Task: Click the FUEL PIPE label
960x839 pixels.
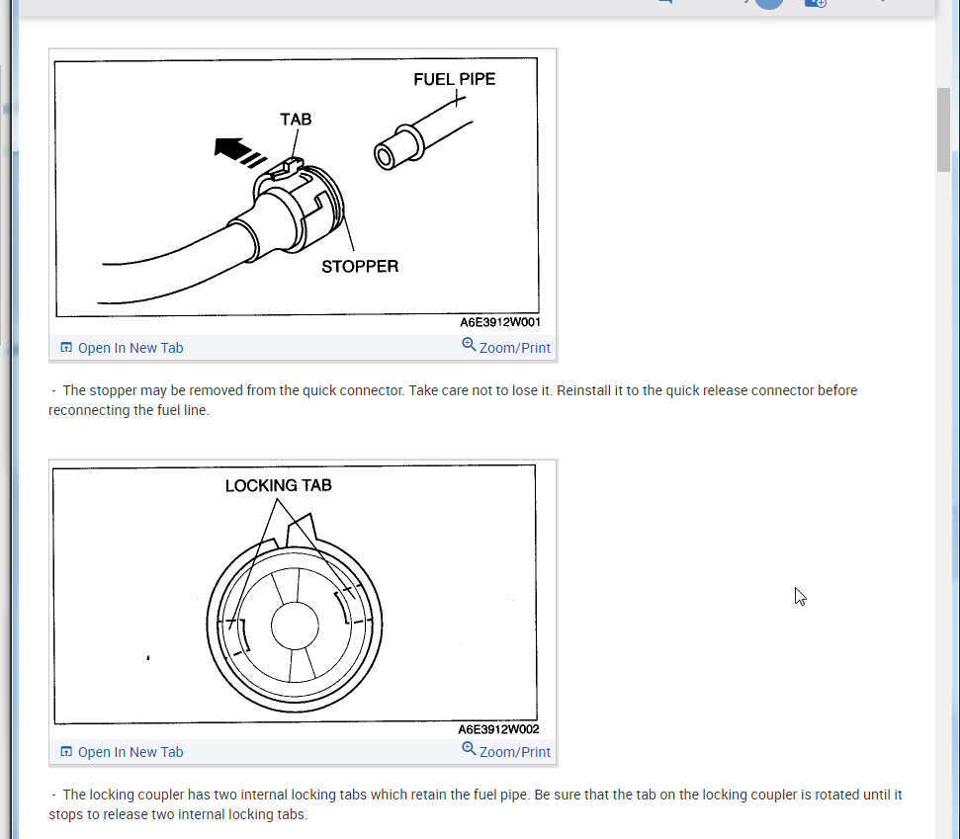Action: [454, 79]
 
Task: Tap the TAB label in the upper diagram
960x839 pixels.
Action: [296, 119]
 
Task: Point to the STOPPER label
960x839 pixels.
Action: [360, 266]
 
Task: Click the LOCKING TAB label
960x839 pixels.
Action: [278, 485]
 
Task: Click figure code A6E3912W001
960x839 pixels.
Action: [499, 322]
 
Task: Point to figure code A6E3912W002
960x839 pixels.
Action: [499, 729]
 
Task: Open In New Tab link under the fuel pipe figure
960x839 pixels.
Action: [130, 348]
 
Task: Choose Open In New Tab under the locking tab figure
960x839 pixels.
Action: [130, 752]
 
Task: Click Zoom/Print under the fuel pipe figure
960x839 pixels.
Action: [514, 348]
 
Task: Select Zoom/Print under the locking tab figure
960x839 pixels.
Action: [514, 752]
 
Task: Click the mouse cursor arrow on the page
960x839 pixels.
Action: [800, 596]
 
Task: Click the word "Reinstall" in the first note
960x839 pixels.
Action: [587, 390]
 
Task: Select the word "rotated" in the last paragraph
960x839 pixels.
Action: [836, 795]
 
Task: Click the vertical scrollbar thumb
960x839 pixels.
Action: [944, 128]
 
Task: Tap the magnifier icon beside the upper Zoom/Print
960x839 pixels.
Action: [469, 345]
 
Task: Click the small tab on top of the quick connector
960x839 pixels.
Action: [289, 164]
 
